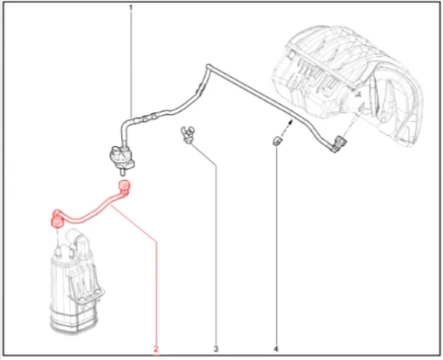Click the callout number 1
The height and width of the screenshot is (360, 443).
tap(131, 7)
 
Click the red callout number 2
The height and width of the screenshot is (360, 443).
tap(157, 349)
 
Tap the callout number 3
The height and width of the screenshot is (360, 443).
tap(216, 349)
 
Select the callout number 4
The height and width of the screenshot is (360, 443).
tap(276, 349)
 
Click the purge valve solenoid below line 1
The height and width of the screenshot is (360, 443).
tap(122, 156)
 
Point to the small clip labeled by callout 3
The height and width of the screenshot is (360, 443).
tap(187, 134)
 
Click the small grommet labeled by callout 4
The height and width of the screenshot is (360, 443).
tap(277, 141)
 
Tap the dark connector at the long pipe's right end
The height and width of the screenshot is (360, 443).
tap(339, 144)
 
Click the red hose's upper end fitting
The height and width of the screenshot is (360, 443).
tap(123, 187)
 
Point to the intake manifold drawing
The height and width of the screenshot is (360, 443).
tap(350, 85)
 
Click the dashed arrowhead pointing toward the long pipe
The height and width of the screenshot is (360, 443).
tap(290, 122)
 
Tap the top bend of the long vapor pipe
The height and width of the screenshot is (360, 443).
tap(208, 66)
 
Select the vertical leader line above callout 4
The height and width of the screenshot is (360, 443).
tap(276, 245)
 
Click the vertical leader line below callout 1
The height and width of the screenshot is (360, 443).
tap(131, 64)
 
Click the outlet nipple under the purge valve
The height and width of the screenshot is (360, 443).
tap(123, 172)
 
